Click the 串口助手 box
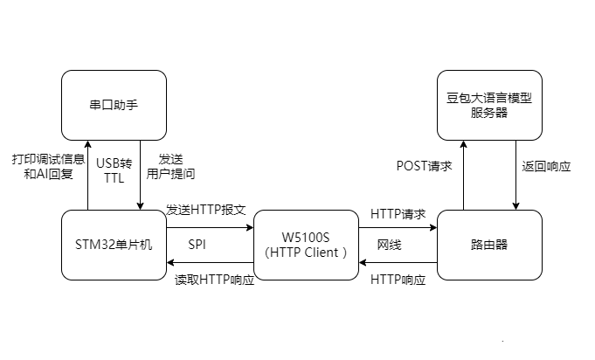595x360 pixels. (x=114, y=105)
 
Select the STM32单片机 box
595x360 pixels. (x=114, y=245)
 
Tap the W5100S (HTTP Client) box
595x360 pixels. (x=306, y=245)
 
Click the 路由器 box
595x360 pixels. (x=489, y=245)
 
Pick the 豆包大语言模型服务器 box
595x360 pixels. (x=489, y=105)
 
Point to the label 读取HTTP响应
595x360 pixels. (x=208, y=280)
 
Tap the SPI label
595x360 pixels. (x=197, y=245)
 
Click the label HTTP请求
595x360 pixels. (x=398, y=213)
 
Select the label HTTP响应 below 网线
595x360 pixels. (x=398, y=280)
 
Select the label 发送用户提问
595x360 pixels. (x=171, y=166)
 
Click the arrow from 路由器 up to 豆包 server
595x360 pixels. (x=463, y=175)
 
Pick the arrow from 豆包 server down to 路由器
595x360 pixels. (x=515, y=175)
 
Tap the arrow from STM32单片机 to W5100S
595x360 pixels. (x=210, y=227)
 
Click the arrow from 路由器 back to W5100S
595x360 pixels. (x=398, y=262)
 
